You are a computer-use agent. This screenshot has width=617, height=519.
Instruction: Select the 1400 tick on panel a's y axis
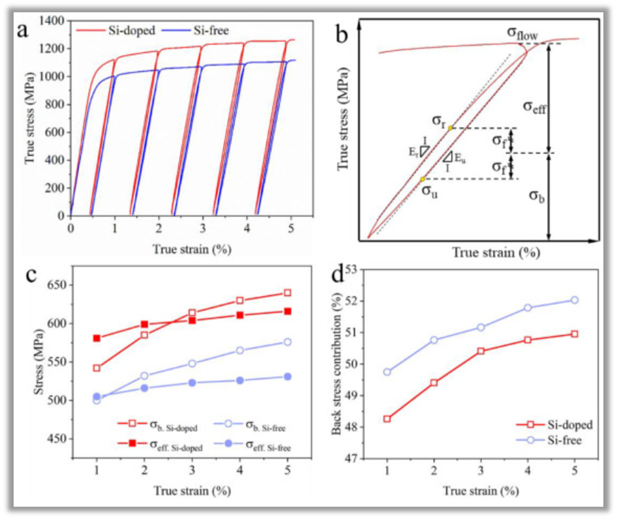tap(53, 21)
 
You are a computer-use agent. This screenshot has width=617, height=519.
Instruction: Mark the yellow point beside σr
tap(450, 128)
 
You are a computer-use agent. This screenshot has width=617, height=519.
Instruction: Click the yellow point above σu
tap(423, 179)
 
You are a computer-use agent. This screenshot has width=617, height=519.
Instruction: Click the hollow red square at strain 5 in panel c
tap(288, 293)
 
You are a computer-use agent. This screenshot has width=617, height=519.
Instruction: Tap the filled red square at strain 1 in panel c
tap(97, 338)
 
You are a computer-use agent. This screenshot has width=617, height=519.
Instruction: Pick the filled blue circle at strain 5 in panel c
tap(288, 376)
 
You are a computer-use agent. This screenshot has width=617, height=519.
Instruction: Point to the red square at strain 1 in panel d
tap(387, 419)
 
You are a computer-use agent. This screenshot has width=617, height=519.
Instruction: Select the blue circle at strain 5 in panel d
tap(575, 300)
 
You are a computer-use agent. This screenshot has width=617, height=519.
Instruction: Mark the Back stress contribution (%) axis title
tap(336, 364)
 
